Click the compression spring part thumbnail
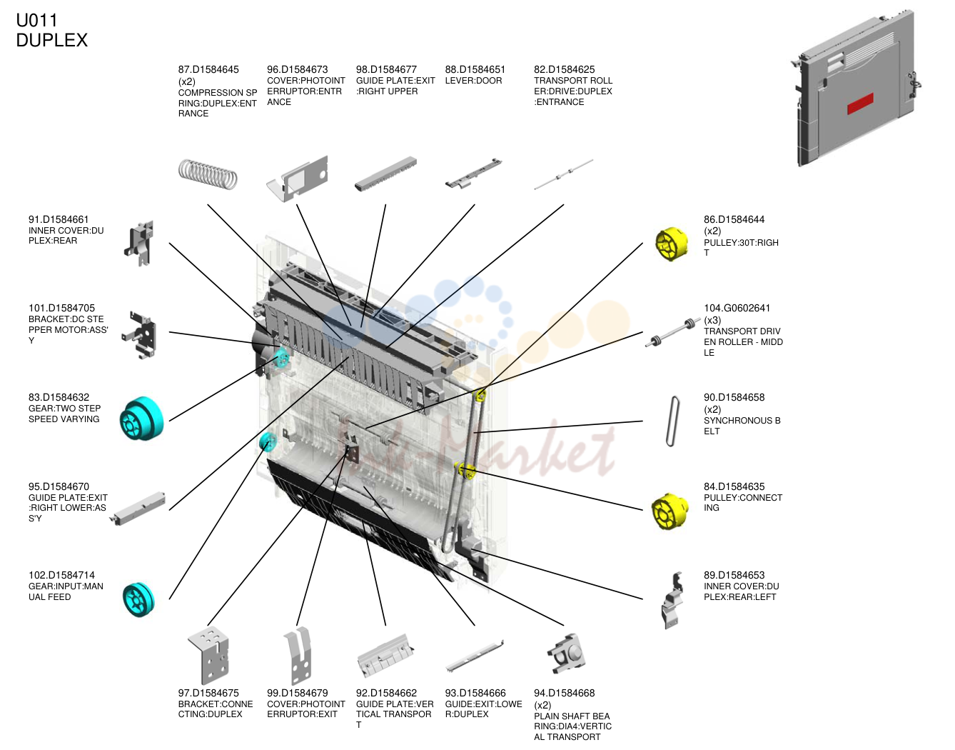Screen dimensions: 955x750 coord(208,174)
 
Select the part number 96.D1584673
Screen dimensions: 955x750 coord(297,69)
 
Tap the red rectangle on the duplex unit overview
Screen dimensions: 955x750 coord(859,104)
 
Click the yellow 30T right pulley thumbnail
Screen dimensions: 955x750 coord(671,244)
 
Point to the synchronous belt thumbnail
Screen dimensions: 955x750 coord(673,421)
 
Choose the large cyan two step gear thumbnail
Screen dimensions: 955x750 coord(141,418)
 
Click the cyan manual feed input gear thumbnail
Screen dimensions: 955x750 coord(138,600)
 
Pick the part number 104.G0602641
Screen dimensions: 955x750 coord(737,308)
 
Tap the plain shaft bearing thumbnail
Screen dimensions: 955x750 coord(567,654)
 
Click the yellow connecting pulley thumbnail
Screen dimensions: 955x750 coord(669,511)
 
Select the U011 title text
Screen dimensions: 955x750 coord(36,20)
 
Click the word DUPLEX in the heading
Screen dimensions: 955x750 coord(52,40)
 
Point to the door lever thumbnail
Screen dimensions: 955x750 coord(473,174)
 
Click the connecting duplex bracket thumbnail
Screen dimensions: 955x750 coord(208,655)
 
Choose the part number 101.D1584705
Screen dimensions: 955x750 coord(61,308)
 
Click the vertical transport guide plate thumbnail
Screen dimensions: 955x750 coord(385,656)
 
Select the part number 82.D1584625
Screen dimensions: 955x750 coord(565,69)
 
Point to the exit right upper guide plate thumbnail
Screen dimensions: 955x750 coord(385,174)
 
